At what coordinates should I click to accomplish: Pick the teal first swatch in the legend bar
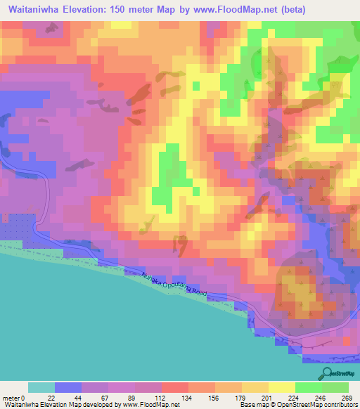(41, 387)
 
